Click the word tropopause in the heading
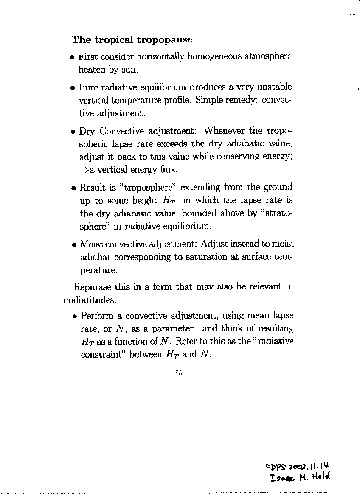coord(164,40)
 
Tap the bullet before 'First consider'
coord(73,57)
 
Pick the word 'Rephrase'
coord(91,287)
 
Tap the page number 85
coord(178,373)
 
